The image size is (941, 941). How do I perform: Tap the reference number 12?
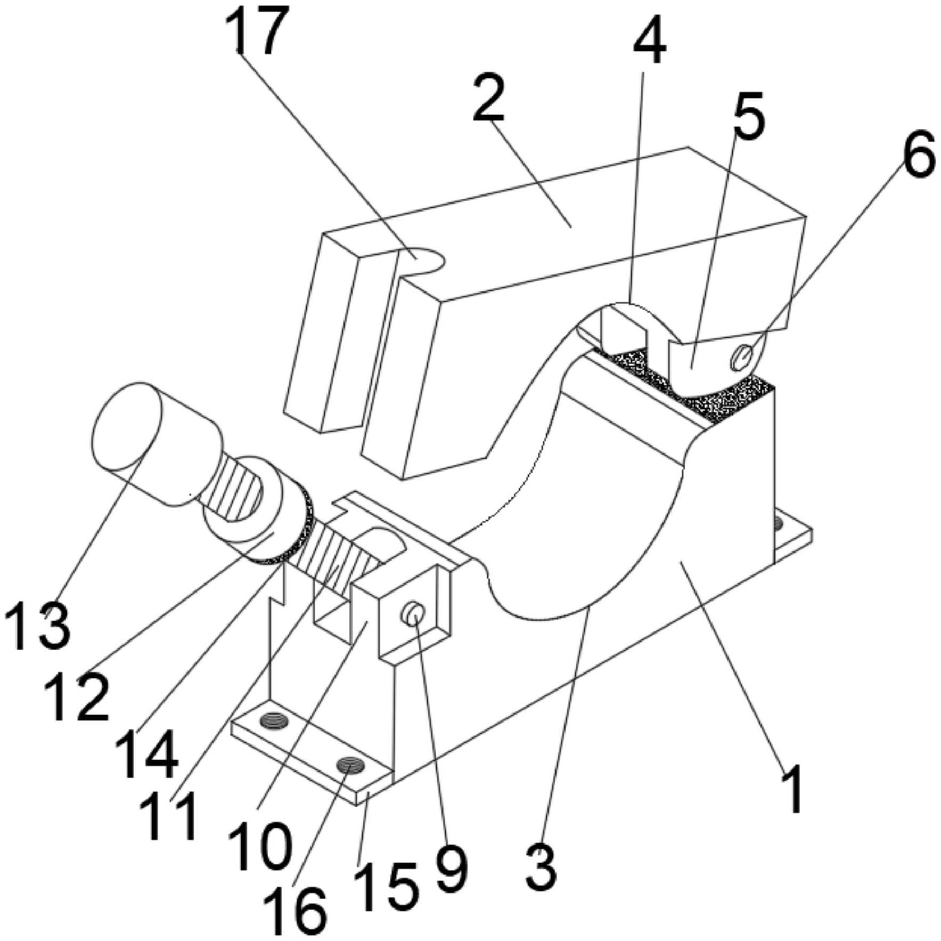[77, 696]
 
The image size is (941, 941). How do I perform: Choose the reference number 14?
[146, 753]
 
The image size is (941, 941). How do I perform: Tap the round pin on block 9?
[415, 612]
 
